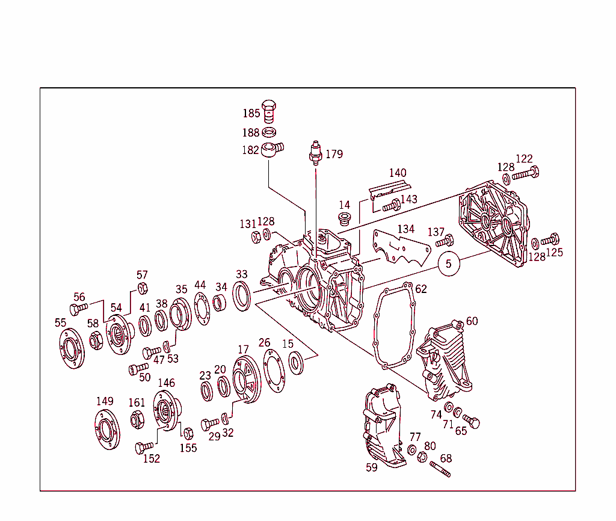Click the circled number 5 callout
pos(448,264)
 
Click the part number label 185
pos(251,113)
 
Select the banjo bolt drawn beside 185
pos(271,111)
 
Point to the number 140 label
pos(397,173)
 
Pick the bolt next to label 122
pos(525,174)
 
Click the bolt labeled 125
pos(550,240)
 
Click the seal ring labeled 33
pos(242,296)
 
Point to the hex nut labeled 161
pos(137,419)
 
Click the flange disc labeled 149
pos(107,430)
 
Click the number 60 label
pos(472,321)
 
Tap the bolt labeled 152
pos(145,447)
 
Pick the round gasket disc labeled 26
pos(274,371)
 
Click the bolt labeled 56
pos(79,310)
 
